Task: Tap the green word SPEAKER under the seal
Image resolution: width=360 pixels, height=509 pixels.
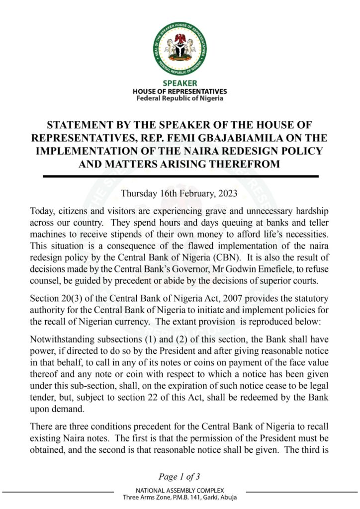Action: coord(180,83)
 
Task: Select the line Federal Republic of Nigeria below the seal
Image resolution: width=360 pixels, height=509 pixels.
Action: coord(180,98)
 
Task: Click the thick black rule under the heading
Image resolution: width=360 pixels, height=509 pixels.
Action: coord(180,176)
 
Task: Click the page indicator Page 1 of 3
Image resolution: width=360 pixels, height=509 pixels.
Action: coord(180,477)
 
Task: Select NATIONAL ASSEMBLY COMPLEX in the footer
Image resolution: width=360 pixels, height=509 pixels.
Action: coord(180,491)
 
